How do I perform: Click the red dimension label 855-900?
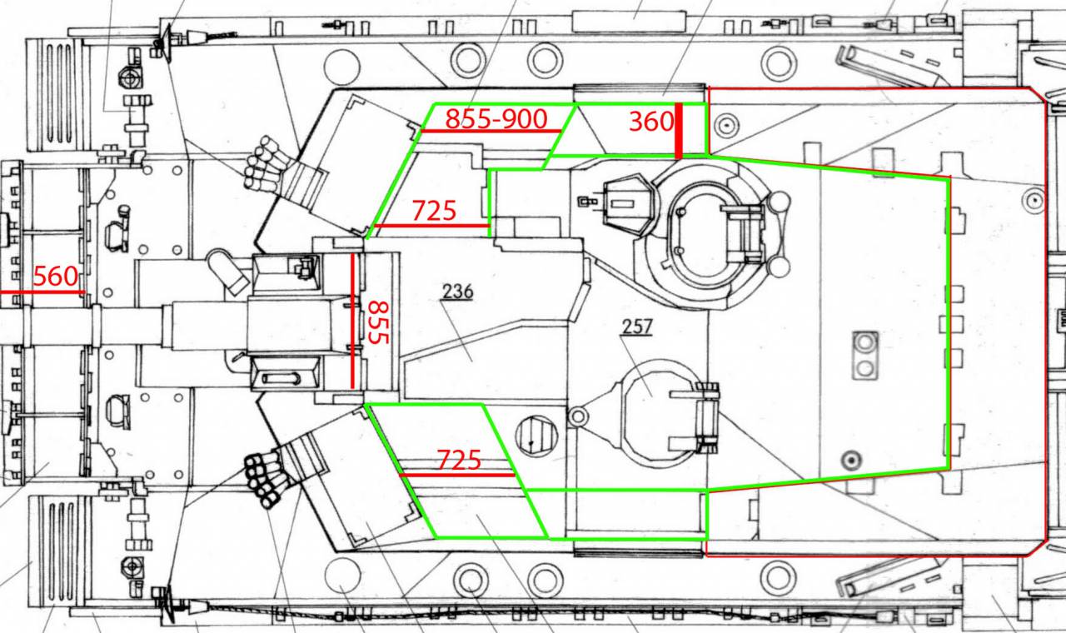tap(496, 118)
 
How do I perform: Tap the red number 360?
tap(651, 122)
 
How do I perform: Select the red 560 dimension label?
tap(55, 277)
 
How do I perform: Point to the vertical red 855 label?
tap(379, 322)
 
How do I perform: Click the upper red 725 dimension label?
tap(434, 211)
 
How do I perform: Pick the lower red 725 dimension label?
tap(459, 461)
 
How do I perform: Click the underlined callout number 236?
tap(458, 292)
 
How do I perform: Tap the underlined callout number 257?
tap(637, 326)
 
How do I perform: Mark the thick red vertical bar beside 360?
tap(679, 131)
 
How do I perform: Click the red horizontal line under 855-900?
tap(491, 131)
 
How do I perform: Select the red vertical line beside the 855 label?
tap(352, 321)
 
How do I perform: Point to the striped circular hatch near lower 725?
tap(536, 436)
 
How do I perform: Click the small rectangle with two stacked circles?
tap(865, 355)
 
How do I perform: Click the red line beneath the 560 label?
tap(42, 292)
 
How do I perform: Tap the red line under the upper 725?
tap(432, 226)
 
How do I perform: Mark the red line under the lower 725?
tap(457, 475)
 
